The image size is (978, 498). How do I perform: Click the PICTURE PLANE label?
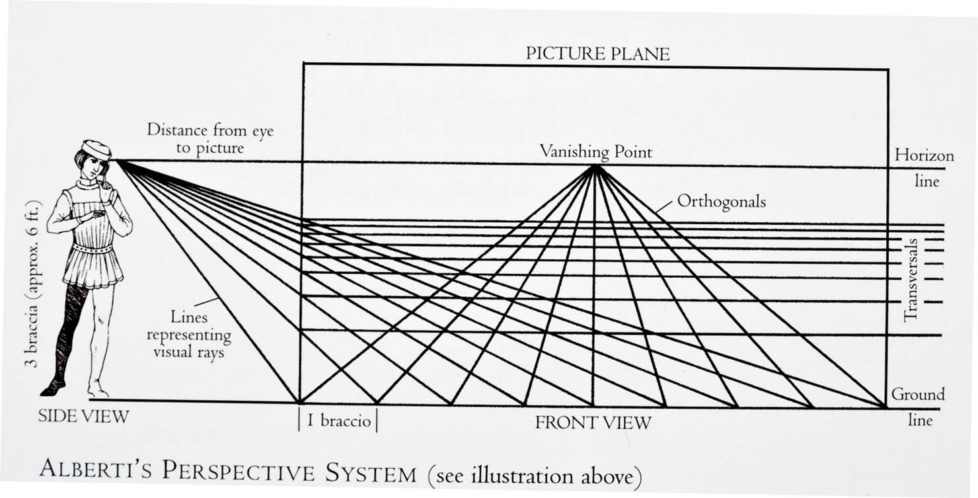[x=597, y=54]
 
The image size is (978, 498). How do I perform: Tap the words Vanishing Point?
[x=595, y=152]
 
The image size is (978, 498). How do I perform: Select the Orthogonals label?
[x=722, y=201]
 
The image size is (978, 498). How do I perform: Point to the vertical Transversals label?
[x=911, y=278]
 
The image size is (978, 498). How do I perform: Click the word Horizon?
[x=924, y=155]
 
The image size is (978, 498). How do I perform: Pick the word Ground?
[x=918, y=395]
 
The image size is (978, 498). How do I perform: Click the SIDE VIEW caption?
[x=83, y=417]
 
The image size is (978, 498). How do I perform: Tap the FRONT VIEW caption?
[x=593, y=423]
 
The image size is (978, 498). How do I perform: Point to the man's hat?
[x=96, y=149]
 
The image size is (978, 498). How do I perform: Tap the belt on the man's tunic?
[x=93, y=249]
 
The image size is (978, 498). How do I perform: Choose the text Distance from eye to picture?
[x=209, y=138]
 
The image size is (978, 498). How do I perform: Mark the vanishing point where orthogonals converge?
[x=595, y=167]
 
